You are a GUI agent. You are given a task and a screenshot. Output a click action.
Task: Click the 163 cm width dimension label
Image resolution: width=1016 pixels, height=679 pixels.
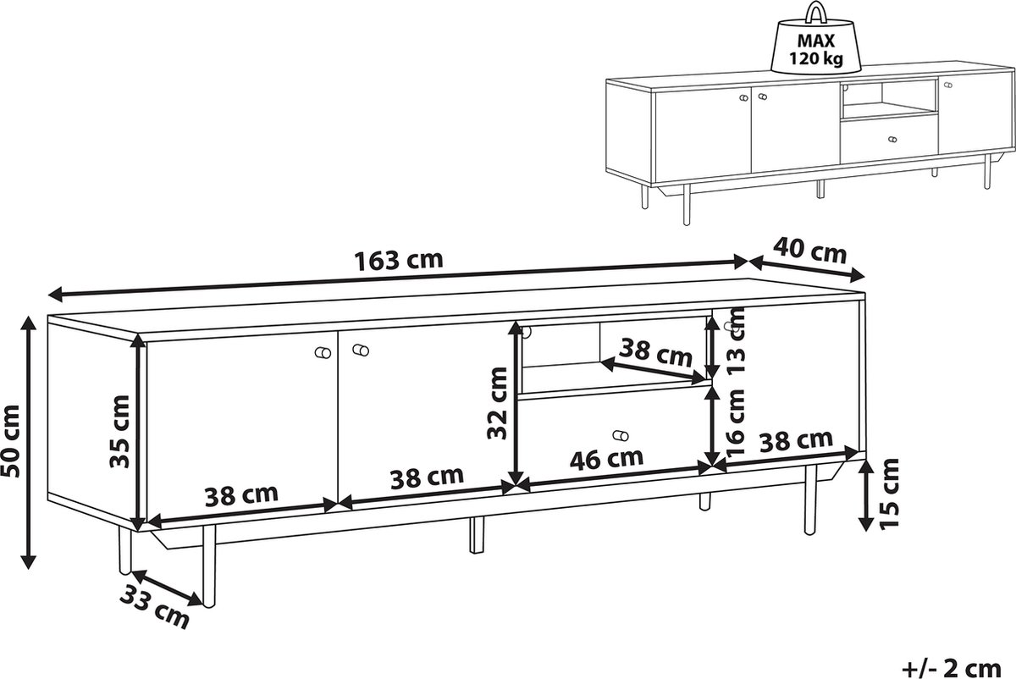(398, 261)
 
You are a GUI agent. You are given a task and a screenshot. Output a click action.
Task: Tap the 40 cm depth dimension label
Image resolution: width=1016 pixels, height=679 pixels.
(809, 251)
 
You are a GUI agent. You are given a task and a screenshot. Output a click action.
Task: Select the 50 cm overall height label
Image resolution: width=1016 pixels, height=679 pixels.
(11, 441)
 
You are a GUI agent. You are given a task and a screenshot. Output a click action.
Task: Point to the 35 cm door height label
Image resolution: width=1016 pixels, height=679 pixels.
(119, 431)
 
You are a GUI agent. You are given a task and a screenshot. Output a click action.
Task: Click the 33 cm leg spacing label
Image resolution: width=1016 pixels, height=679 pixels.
(154, 607)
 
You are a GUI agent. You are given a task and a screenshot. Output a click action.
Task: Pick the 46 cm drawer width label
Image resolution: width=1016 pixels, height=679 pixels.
(606, 459)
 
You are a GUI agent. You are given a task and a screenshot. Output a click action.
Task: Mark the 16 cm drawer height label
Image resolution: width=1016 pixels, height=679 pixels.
(736, 422)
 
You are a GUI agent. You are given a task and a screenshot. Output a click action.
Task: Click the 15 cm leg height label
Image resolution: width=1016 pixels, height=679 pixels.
(888, 493)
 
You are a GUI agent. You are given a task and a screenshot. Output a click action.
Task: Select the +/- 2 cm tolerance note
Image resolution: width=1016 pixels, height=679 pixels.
(951, 668)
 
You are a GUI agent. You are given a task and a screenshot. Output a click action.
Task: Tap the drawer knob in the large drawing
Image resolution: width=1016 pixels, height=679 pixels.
(620, 435)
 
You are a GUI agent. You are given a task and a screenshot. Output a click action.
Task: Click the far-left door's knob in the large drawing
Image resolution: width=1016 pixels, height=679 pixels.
(323, 352)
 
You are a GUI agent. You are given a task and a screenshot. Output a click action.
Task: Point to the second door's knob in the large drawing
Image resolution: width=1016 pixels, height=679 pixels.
(361, 351)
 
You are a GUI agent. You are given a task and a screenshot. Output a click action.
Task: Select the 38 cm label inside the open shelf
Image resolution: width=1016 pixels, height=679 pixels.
(655, 352)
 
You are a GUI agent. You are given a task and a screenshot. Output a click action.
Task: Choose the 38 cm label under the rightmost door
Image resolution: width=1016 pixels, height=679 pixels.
(797, 440)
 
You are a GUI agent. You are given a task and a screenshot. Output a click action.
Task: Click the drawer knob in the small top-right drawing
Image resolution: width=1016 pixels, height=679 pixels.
(892, 140)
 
